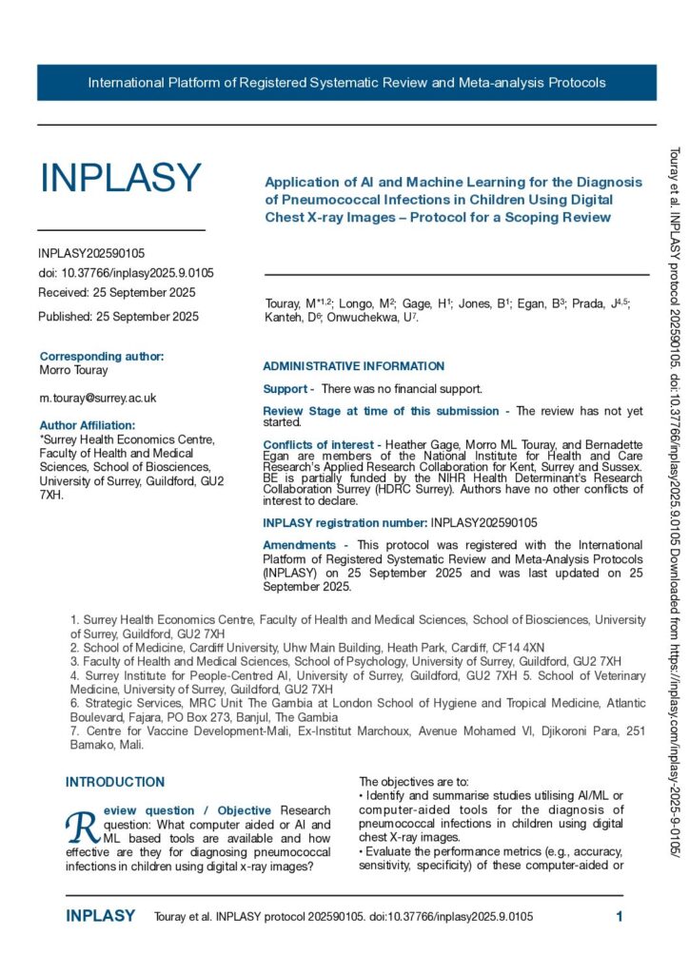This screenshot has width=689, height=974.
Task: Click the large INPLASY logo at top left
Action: [120, 178]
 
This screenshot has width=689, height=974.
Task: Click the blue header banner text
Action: [346, 83]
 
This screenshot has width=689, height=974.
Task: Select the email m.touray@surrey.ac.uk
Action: [97, 398]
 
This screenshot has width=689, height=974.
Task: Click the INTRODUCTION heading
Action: [115, 782]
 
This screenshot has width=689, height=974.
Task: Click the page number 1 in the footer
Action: [619, 917]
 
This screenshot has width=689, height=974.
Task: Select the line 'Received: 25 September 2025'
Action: [116, 292]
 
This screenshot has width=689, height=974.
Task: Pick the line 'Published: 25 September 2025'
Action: [118, 316]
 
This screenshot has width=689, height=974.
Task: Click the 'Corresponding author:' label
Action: [102, 357]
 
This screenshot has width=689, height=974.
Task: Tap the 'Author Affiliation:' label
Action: [88, 425]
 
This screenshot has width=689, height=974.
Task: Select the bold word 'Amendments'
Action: [299, 545]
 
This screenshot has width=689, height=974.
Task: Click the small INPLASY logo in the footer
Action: [100, 917]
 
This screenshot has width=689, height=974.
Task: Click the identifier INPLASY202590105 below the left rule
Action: [91, 254]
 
